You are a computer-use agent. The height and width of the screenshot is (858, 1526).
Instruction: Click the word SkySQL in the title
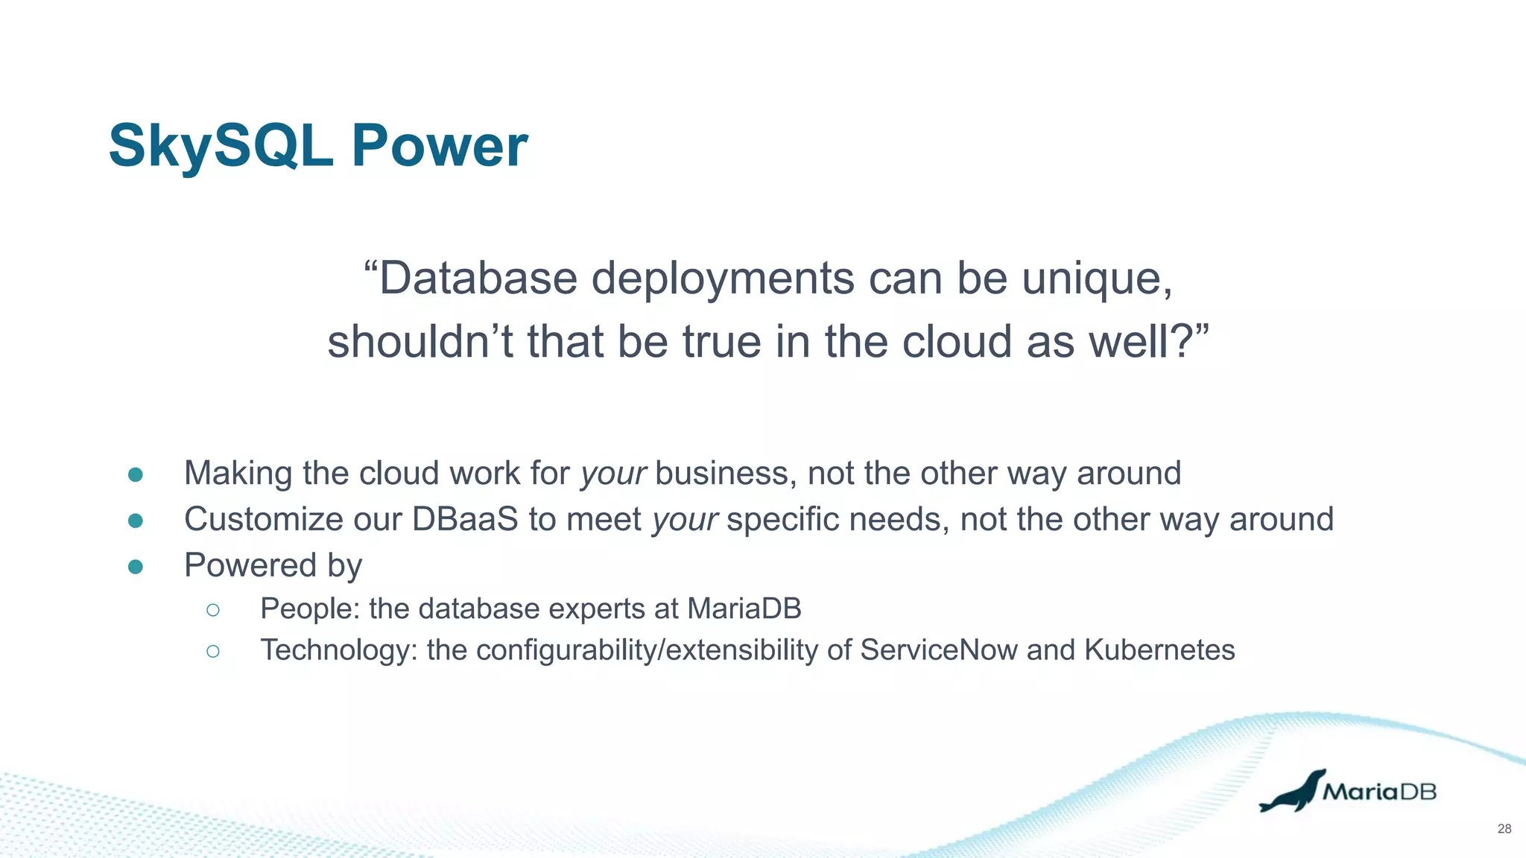pos(221,146)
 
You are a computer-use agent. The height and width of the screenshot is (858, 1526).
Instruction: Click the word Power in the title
pos(439,146)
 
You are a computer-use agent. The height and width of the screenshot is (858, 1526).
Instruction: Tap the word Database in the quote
pos(477,279)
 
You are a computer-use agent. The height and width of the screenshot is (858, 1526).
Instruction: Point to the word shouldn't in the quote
pos(418,342)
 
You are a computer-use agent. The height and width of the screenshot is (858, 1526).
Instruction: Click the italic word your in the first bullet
pos(613,474)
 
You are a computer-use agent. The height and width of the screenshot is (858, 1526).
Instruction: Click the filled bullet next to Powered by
pos(136,567)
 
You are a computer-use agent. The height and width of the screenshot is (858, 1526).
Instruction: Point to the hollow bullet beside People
pos(213,610)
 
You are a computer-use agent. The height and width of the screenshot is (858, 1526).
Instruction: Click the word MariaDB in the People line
pos(744,609)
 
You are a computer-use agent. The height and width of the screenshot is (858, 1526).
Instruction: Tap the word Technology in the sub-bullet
pos(338,651)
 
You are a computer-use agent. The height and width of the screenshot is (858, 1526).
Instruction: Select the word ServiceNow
pos(938,650)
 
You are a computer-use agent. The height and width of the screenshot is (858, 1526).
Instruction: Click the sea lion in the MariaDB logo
pos(1292,792)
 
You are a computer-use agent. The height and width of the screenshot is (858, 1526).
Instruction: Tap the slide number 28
pos(1504,829)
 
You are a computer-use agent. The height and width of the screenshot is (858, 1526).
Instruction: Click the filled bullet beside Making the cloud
pos(136,474)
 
